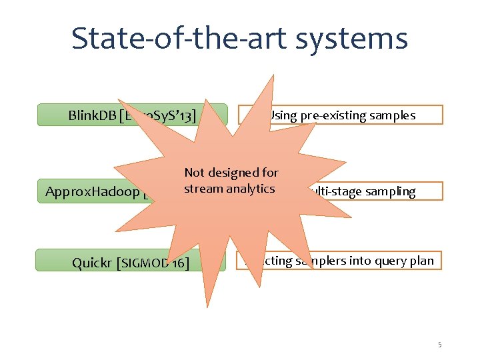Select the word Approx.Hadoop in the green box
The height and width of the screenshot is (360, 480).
(92, 193)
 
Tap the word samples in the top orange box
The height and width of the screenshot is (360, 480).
(393, 115)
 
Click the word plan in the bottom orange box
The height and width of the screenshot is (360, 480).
(421, 261)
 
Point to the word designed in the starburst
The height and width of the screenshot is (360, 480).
(233, 173)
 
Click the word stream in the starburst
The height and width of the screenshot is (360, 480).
(203, 189)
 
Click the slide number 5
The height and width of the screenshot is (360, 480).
(440, 345)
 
